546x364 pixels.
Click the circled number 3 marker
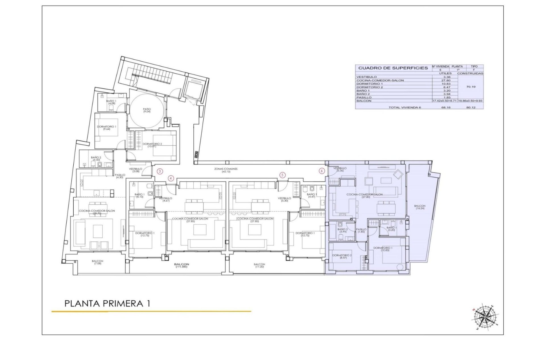click(x=160, y=171)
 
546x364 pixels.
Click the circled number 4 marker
click(x=171, y=178)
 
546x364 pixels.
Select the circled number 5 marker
click(x=282, y=175)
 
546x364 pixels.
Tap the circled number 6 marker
click(x=322, y=171)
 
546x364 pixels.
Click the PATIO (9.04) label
click(x=147, y=110)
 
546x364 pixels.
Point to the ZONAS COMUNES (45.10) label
click(x=226, y=170)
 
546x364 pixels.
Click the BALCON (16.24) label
click(x=420, y=207)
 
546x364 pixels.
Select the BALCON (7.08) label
click(x=98, y=262)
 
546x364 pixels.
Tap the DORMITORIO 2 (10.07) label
click(x=152, y=145)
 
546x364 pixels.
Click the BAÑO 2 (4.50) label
click(x=96, y=158)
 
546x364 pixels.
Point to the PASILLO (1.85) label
click(x=361, y=230)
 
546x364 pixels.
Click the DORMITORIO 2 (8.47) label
click(x=342, y=256)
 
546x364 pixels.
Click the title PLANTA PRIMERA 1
click(x=107, y=303)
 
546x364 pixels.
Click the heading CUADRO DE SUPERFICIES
click(x=393, y=68)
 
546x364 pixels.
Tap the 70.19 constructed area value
click(x=471, y=87)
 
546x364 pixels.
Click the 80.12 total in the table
click(x=471, y=107)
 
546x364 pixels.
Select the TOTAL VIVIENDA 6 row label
click(x=404, y=107)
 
